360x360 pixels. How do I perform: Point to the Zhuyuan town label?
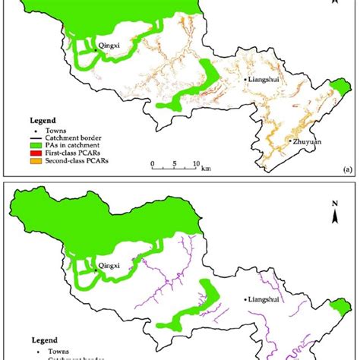pos(308,141)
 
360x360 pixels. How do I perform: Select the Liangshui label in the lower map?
pos(263,299)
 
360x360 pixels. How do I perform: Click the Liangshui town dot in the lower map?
pos(245,299)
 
